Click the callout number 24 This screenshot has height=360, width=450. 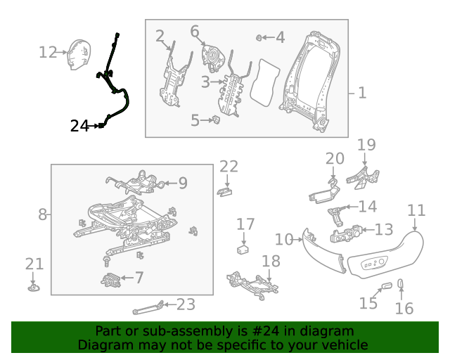79,126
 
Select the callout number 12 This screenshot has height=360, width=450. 48,52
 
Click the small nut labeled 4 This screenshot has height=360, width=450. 260,37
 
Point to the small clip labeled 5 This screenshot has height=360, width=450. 217,120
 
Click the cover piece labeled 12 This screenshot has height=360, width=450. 75,55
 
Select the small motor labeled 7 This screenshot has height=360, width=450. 110,280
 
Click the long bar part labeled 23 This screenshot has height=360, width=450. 149,307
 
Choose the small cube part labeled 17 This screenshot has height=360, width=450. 244,248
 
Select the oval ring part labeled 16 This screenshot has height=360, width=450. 401,284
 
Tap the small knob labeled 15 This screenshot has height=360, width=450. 385,286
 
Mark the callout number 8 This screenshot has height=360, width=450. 42,214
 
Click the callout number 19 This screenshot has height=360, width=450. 366,146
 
